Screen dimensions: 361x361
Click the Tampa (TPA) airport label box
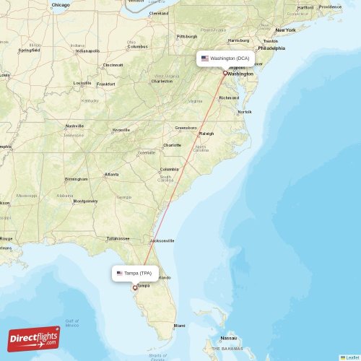pos(135,273)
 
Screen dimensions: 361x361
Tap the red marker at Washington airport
pos(225,73)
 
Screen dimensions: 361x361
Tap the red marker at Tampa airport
pos(135,287)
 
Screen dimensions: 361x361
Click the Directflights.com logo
pos(34,337)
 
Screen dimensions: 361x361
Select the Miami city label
pos(179,326)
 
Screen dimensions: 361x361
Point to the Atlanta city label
pos(112,175)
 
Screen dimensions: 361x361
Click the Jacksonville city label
pos(162,240)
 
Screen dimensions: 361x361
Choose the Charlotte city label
pos(172,145)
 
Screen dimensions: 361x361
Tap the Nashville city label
pos(75,126)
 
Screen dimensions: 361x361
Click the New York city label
pos(285,30)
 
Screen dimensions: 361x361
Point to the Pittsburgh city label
pos(187,36)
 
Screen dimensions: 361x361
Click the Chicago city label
pos(61,5)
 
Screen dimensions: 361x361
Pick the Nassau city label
pos(229,338)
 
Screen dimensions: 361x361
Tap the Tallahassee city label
pos(118,238)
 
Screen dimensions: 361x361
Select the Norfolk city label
pos(245,112)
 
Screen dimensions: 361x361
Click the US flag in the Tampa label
pos(119,273)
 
